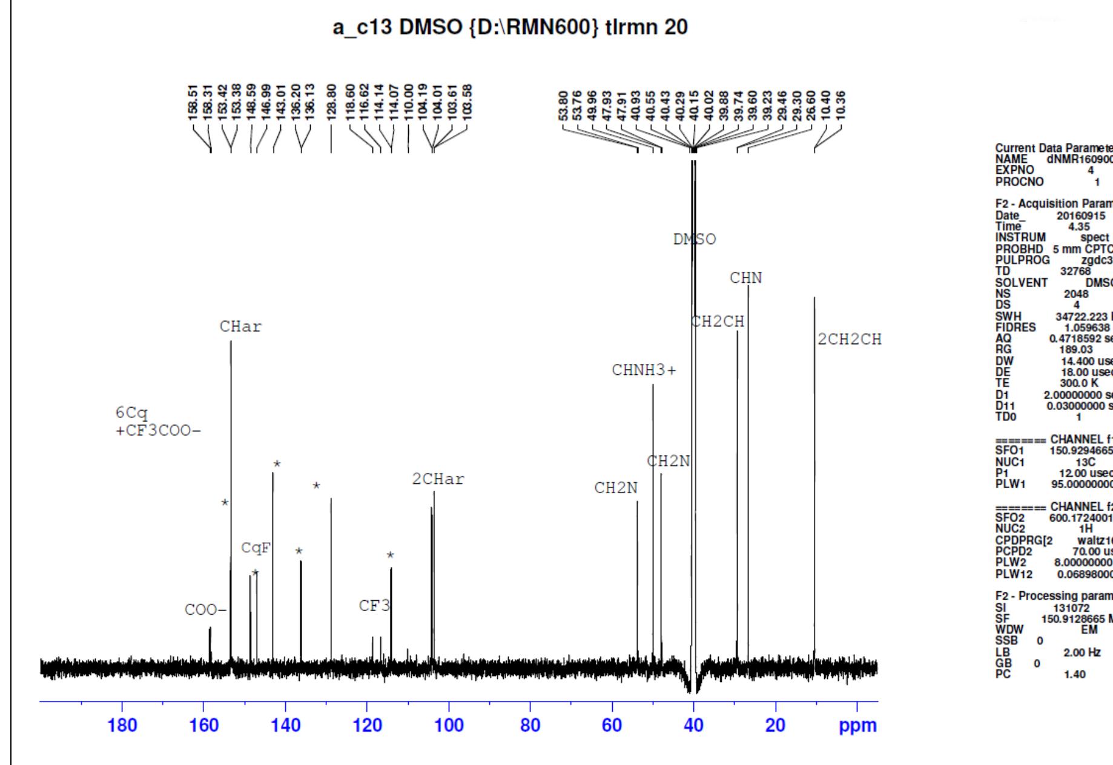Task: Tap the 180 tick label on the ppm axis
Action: (122, 724)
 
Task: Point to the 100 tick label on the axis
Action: (449, 724)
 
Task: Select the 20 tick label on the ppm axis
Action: (775, 724)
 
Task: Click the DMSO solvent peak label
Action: (695, 239)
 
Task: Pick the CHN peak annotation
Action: (745, 278)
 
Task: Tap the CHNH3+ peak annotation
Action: (644, 370)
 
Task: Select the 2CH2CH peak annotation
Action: (849, 339)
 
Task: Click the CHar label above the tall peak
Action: (240, 326)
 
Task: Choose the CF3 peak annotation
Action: (374, 605)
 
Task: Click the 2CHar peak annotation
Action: (438, 479)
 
